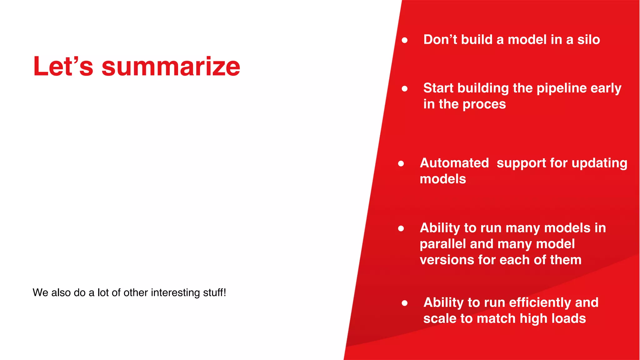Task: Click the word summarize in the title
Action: tap(171, 67)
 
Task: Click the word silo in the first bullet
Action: tap(588, 40)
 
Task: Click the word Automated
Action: tap(454, 163)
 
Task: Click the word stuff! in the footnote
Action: tap(214, 292)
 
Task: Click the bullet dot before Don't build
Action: tap(405, 40)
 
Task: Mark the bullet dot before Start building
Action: tap(405, 89)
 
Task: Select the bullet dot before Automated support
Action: tap(401, 164)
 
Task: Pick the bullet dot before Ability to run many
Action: tap(401, 229)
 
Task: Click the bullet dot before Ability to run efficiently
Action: tap(405, 303)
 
